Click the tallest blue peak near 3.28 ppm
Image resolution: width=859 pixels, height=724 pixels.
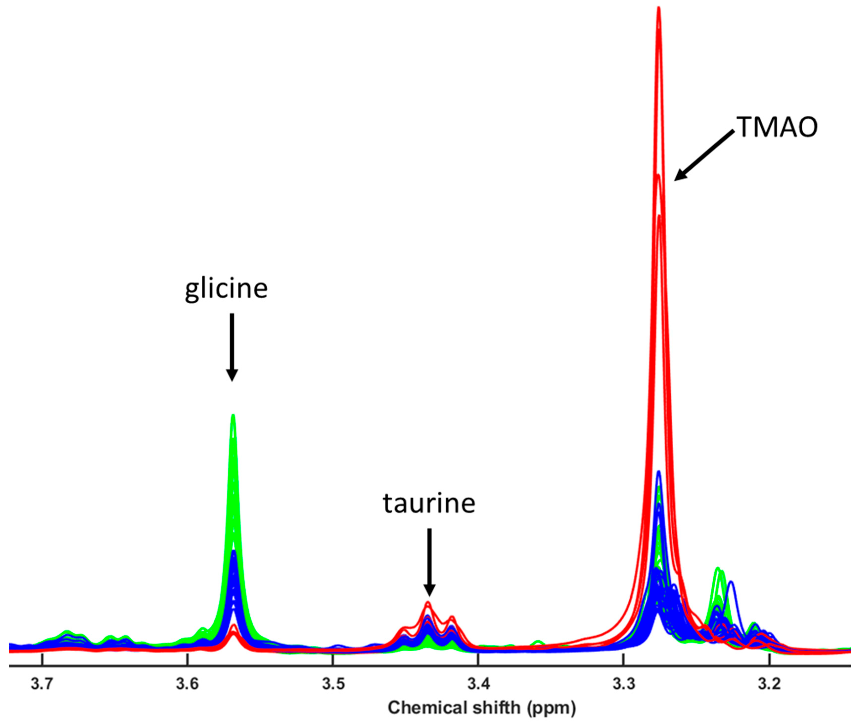[659, 472]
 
